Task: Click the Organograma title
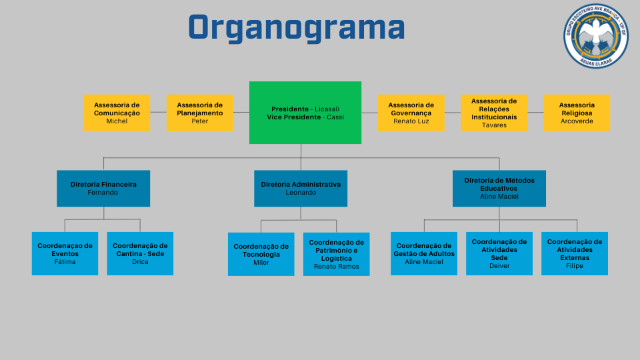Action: point(297,28)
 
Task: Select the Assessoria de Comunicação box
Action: point(117,113)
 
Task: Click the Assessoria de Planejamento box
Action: point(200,113)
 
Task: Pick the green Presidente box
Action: point(305,113)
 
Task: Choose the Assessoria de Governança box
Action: point(411,113)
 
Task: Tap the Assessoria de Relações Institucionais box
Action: point(494,113)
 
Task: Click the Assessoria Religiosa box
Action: point(577,113)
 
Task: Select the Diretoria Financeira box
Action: point(103,188)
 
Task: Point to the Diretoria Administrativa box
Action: point(301,188)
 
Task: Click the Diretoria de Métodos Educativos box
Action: point(499,188)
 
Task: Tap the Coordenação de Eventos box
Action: point(65,253)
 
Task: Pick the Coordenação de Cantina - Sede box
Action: point(140,253)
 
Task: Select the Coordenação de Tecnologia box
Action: point(261,254)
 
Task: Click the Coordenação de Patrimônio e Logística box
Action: point(337,254)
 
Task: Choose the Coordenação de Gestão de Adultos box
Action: point(424,253)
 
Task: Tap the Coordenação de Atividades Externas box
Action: point(575,253)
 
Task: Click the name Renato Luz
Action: point(411,121)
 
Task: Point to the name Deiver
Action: point(499,265)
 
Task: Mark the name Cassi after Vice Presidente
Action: point(335,117)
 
